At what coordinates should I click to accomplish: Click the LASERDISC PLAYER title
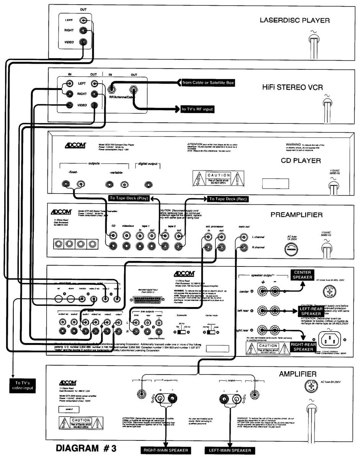tap(295, 20)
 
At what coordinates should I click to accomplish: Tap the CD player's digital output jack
tap(148, 185)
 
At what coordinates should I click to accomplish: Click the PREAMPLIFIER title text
tap(296, 215)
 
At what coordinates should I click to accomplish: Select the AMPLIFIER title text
tap(297, 373)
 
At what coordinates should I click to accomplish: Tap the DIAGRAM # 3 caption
tap(87, 447)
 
